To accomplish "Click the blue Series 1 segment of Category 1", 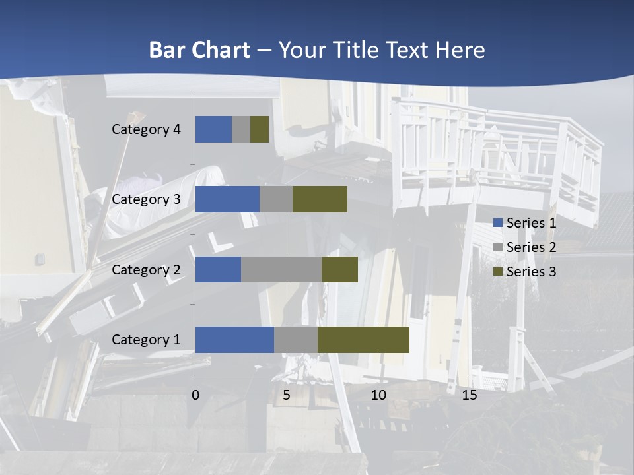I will click(234, 339).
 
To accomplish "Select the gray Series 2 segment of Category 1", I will click(296, 339).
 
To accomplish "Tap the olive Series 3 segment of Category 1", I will click(363, 339).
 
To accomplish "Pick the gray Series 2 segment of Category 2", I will click(281, 269).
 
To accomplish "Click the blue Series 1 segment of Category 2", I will click(218, 269).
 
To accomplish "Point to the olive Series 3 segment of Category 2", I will click(339, 269).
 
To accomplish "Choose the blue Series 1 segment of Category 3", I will click(227, 199).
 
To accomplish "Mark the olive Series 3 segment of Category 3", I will click(320, 199).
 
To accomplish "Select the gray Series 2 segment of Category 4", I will click(241, 129).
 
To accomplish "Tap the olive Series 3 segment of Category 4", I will click(260, 129).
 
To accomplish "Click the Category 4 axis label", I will click(146, 129).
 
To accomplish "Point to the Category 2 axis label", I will click(146, 269).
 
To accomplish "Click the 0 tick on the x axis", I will click(195, 395).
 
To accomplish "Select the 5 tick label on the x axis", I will click(287, 395).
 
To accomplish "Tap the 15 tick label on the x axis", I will click(470, 395).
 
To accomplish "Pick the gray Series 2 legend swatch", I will click(498, 247).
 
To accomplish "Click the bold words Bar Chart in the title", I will click(199, 50).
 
